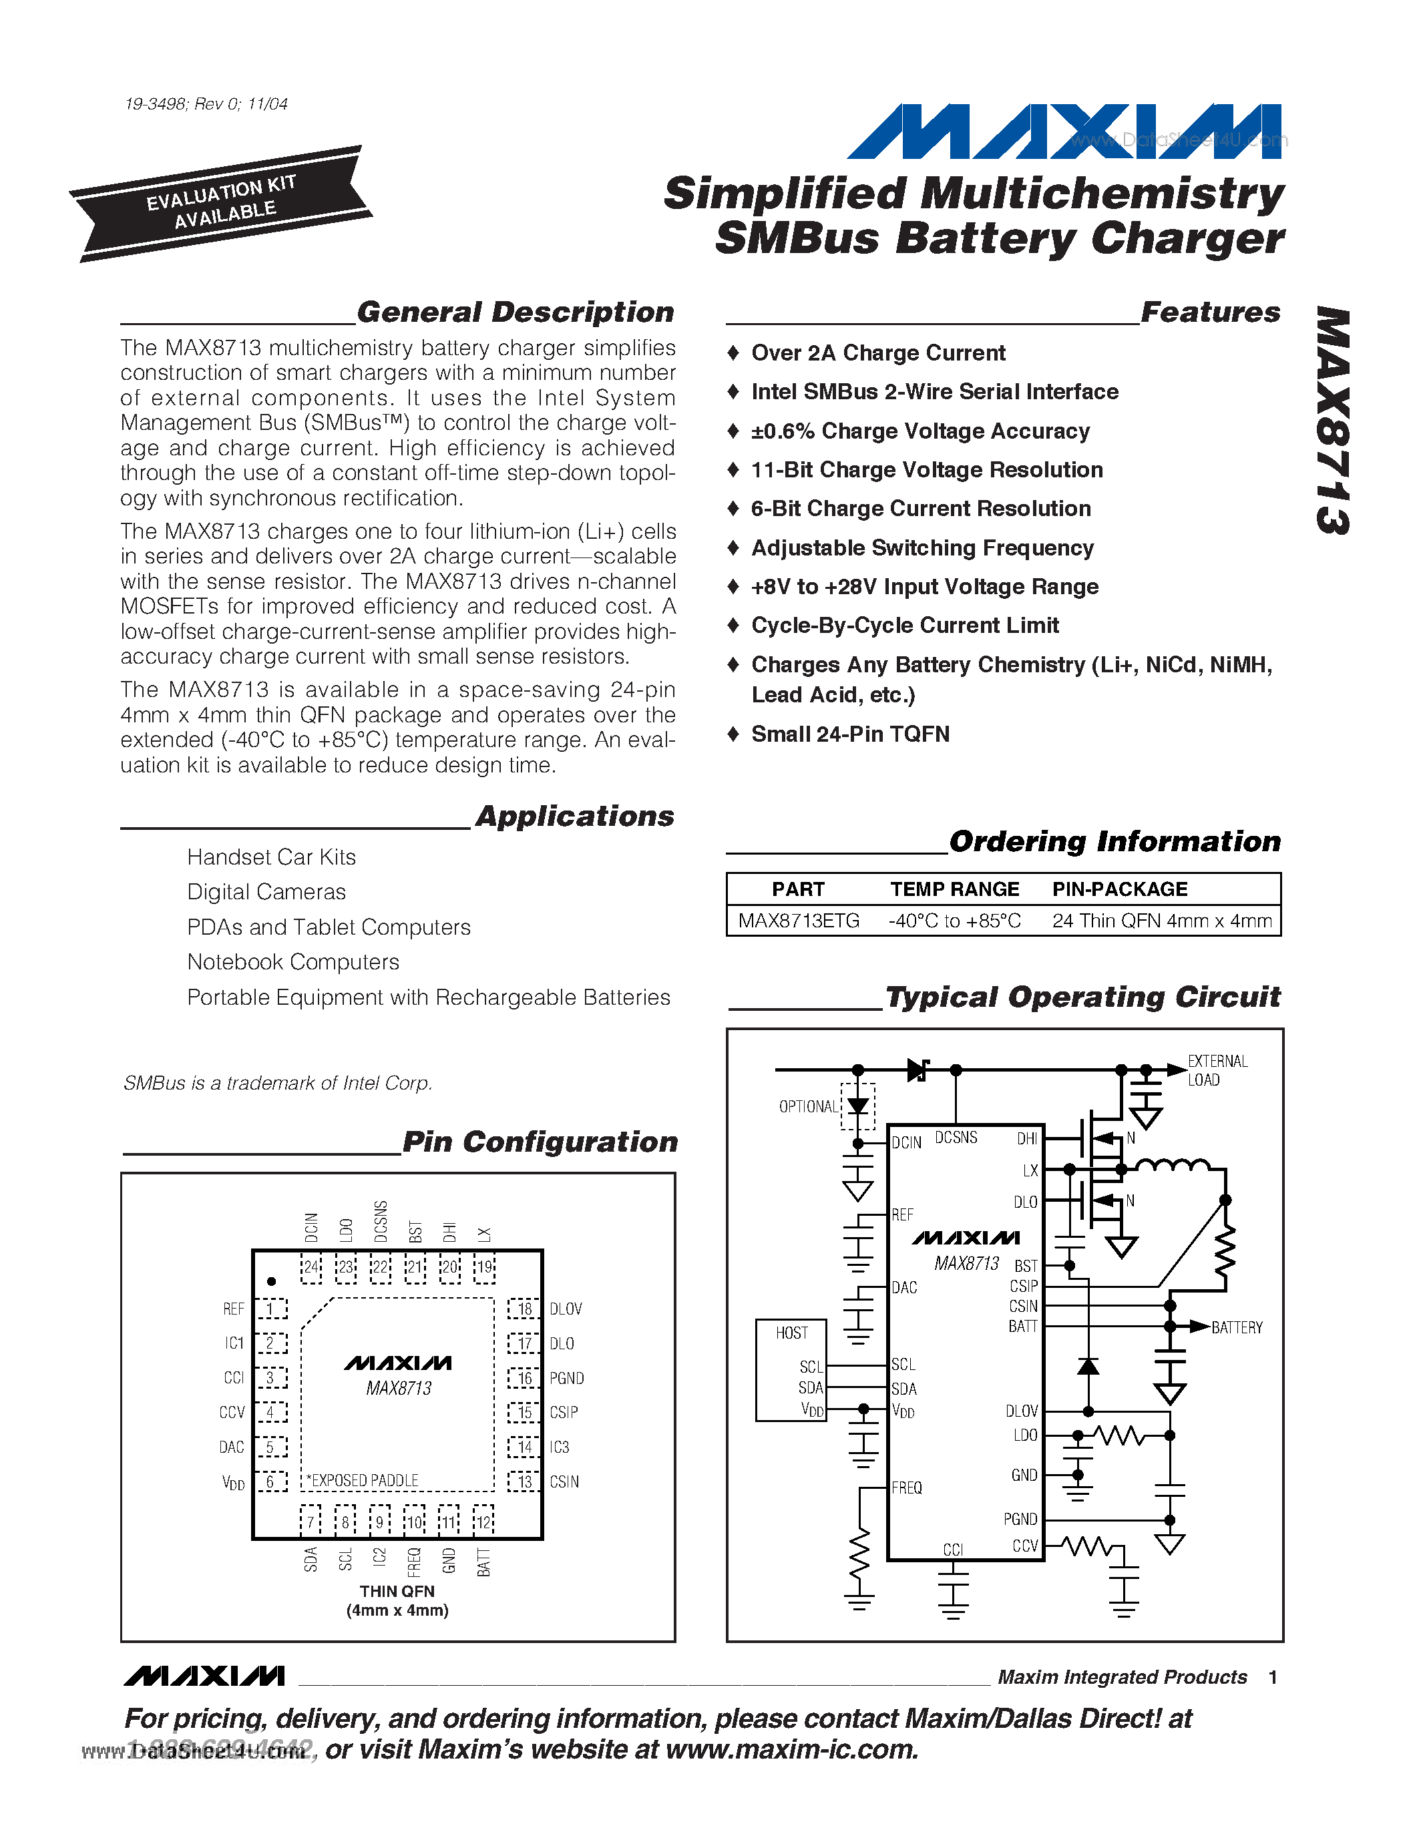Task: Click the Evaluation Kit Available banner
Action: click(x=221, y=204)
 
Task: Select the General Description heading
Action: click(x=516, y=312)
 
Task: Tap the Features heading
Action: click(x=1211, y=312)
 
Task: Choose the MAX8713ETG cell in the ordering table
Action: click(x=799, y=921)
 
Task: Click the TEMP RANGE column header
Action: click(x=954, y=889)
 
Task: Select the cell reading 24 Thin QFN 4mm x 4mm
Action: click(x=1162, y=921)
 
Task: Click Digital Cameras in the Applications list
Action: click(x=266, y=892)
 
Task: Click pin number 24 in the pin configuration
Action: click(x=311, y=1267)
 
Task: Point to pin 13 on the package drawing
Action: click(x=525, y=1481)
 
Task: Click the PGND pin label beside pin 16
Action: click(x=566, y=1378)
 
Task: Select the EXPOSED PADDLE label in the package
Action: click(x=363, y=1480)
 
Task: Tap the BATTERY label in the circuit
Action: click(x=1237, y=1327)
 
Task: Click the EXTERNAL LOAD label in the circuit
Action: click(x=1217, y=1070)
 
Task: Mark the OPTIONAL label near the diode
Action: click(x=808, y=1106)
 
